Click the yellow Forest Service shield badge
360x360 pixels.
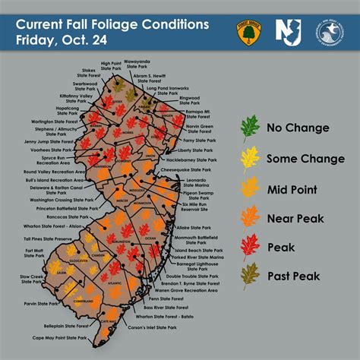[x=246, y=30]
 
